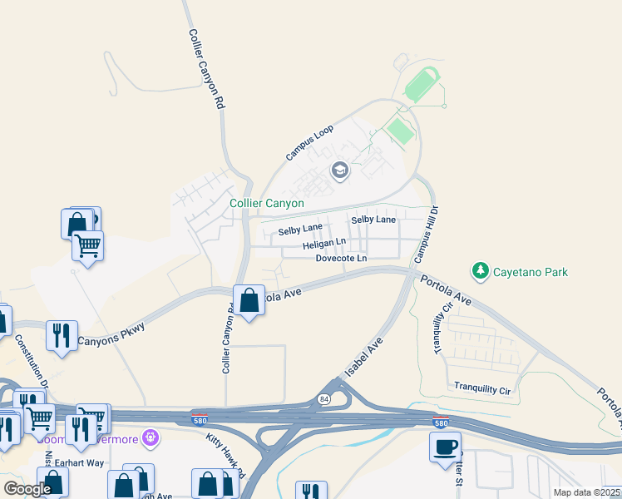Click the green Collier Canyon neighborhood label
click(267, 203)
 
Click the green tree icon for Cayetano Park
click(480, 270)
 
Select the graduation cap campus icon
click(339, 171)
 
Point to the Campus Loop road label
click(309, 142)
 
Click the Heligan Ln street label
click(324, 244)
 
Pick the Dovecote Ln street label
click(341, 259)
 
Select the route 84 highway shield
click(323, 399)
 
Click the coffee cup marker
click(445, 446)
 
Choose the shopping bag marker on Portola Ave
click(249, 300)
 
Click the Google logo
click(27, 489)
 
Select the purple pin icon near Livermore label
click(151, 436)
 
